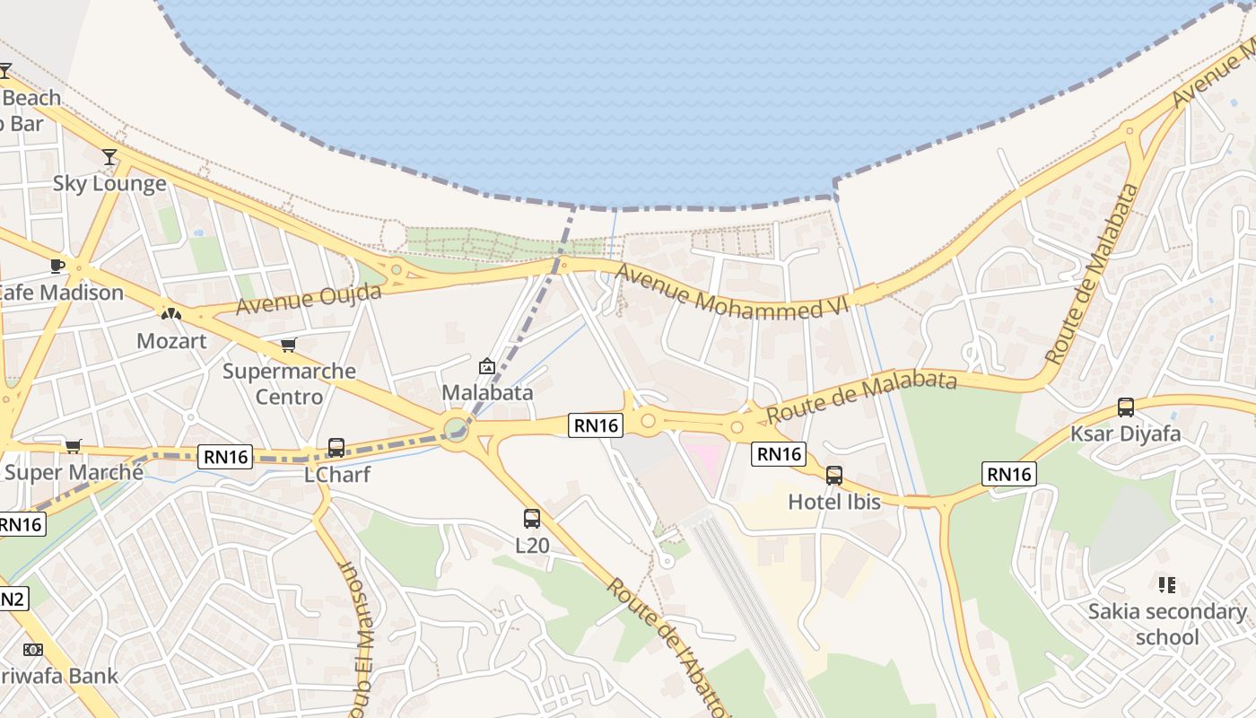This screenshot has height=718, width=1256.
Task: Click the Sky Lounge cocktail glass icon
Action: (x=109, y=157)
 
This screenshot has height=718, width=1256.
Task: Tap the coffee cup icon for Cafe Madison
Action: (x=57, y=266)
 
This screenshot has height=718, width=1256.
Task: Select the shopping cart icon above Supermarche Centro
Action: (x=288, y=345)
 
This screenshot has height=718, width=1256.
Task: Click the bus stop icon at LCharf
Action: (x=336, y=447)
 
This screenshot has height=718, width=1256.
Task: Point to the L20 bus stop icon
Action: (x=532, y=518)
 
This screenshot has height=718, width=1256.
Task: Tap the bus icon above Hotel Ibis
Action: (x=834, y=475)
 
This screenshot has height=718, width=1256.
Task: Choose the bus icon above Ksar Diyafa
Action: (x=1126, y=407)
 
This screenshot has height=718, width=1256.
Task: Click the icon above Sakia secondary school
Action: (x=1166, y=585)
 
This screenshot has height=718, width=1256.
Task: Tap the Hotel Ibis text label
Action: (x=834, y=502)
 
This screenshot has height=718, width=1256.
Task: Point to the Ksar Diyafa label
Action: (x=1126, y=434)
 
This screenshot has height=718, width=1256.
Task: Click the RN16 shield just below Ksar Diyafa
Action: (x=1009, y=474)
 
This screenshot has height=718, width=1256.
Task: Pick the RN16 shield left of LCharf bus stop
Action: (x=226, y=457)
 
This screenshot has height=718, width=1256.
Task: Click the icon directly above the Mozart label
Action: (x=170, y=314)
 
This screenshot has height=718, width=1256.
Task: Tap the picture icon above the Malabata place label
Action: (x=487, y=366)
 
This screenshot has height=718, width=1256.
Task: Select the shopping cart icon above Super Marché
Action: (x=74, y=446)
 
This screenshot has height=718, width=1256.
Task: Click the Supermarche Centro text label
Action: (x=289, y=383)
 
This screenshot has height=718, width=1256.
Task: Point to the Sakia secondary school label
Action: (x=1167, y=625)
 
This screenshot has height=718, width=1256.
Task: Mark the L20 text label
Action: (x=532, y=545)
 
